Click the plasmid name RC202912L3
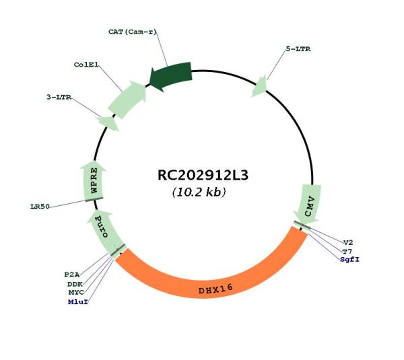[203, 176]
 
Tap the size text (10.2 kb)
[199, 192]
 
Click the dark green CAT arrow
[170, 76]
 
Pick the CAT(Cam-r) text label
[133, 32]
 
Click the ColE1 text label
[86, 65]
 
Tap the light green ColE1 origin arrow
[127, 99]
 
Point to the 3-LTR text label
[59, 97]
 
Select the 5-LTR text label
[298, 49]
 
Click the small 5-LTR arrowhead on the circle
[259, 87]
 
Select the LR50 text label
[40, 207]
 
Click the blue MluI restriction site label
[78, 302]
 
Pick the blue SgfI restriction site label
[349, 259]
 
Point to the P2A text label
[72, 275]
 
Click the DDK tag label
[75, 284]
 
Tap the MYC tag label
[76, 292]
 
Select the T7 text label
[347, 252]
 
